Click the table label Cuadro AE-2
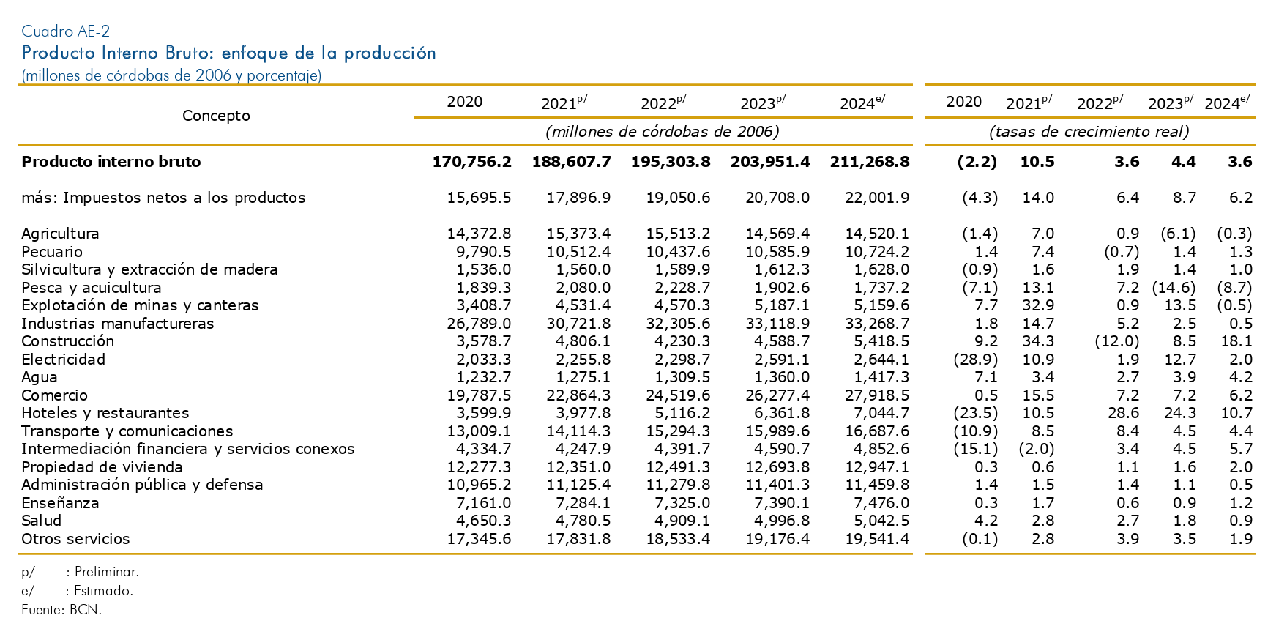click(x=66, y=31)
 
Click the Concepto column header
click(x=216, y=116)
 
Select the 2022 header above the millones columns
click(x=663, y=103)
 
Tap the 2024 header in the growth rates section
click(x=1227, y=103)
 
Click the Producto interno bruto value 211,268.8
click(x=870, y=162)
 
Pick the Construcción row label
click(x=68, y=341)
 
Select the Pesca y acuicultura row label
click(x=92, y=288)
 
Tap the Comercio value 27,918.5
click(x=876, y=395)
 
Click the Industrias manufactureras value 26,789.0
click(x=479, y=324)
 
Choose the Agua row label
click(x=40, y=378)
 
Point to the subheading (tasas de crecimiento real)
click(x=1089, y=132)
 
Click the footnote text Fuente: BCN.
click(x=61, y=609)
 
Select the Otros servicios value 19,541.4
click(x=876, y=539)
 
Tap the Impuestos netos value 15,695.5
click(x=479, y=198)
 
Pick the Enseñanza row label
click(x=60, y=503)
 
